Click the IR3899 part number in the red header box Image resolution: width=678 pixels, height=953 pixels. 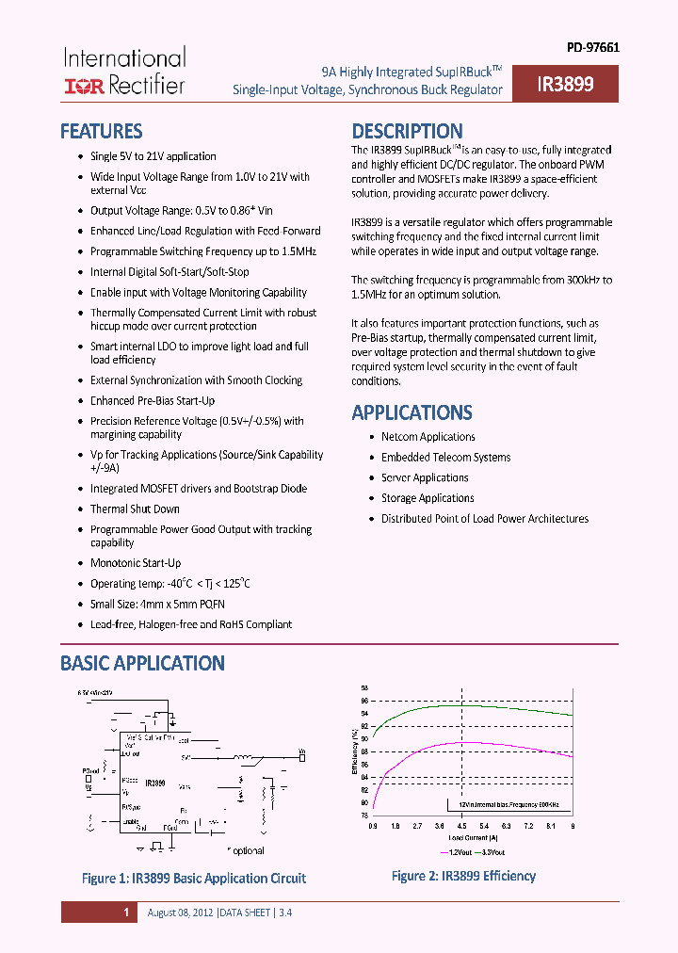pos(565,84)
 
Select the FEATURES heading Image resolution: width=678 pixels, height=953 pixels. pos(102,131)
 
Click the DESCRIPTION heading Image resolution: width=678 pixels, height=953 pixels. pos(407,131)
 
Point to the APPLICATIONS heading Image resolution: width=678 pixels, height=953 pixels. pos(412,412)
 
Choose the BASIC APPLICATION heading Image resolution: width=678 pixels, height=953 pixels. pos(142,663)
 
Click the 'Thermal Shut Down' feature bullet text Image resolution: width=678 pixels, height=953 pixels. pos(135,509)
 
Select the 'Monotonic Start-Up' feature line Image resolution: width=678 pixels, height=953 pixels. pos(136,563)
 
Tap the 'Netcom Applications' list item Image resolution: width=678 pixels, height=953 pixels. pos(428,437)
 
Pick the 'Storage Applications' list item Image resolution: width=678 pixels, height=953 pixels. pos(428,498)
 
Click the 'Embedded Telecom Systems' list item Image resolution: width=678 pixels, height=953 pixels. pos(445,458)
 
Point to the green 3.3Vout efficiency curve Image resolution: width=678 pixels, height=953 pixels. pos(471,707)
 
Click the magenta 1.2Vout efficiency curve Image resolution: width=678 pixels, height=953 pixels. pos(471,743)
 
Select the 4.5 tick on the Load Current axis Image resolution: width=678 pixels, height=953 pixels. pos(462,825)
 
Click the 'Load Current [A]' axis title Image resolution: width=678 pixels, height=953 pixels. pos(473,836)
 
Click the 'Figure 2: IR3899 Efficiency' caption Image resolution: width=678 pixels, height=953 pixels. pos(463,876)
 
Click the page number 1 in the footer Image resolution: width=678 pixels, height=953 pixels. pos(125,913)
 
